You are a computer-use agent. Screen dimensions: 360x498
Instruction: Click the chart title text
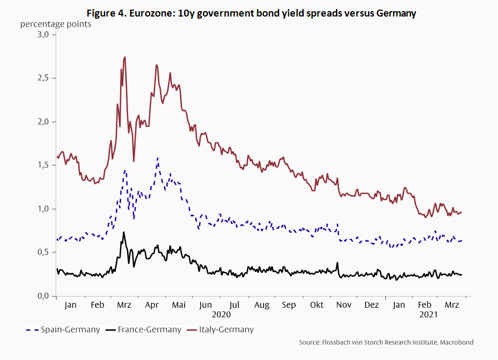tap(249, 13)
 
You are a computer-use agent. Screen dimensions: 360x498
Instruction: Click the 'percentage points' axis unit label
tap(56, 24)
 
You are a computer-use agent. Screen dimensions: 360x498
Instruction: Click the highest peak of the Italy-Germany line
tap(125, 57)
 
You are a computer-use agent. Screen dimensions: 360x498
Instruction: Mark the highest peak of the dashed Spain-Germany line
tap(157, 158)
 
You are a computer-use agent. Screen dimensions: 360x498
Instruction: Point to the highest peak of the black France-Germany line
tap(124, 232)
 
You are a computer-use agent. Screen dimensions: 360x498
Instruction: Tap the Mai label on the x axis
tap(178, 306)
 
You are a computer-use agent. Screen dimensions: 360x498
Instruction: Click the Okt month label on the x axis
tap(317, 306)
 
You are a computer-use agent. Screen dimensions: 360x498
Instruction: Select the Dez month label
tap(371, 306)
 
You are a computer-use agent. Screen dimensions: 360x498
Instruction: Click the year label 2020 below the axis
tap(220, 315)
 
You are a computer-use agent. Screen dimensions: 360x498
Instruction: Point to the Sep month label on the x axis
tap(289, 306)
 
